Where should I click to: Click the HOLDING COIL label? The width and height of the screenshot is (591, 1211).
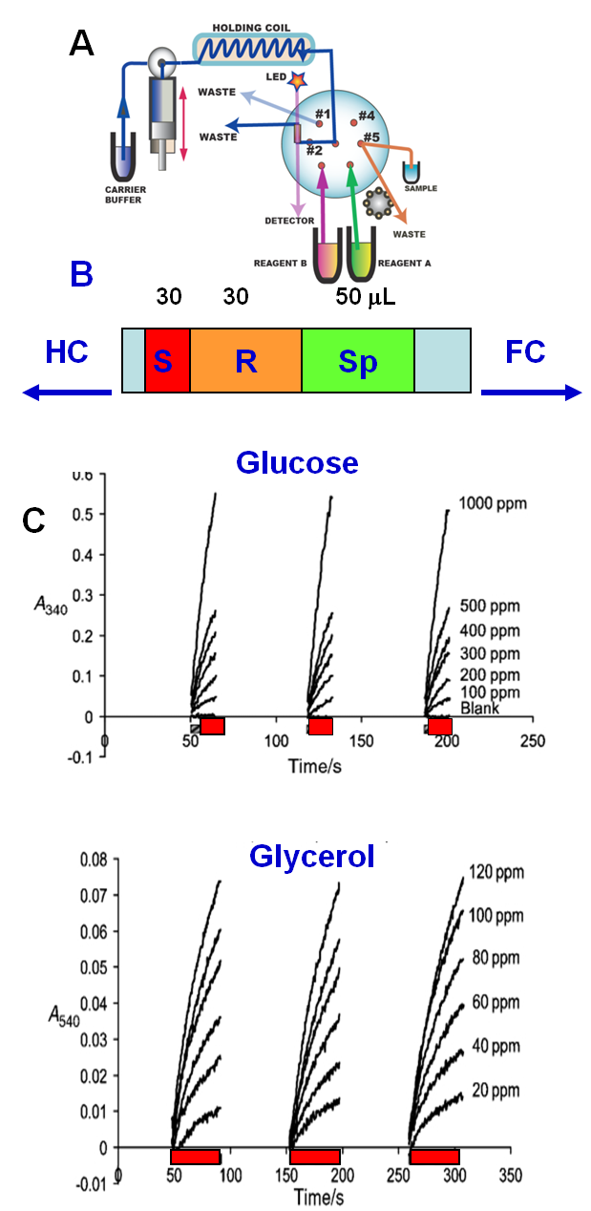[x=255, y=26]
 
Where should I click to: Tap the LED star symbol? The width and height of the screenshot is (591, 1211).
[x=298, y=82]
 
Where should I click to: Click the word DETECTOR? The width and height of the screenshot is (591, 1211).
[x=289, y=221]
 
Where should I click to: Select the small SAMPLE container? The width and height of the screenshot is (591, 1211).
[x=412, y=172]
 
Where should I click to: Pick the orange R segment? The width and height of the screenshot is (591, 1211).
[x=245, y=361]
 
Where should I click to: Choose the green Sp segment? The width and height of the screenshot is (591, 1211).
[x=358, y=361]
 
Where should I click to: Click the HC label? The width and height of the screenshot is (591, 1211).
[x=67, y=351]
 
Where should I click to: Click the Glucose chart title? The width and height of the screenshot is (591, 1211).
[x=297, y=462]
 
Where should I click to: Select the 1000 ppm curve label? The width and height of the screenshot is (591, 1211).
[x=491, y=503]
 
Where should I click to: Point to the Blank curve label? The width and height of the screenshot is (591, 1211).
[x=479, y=708]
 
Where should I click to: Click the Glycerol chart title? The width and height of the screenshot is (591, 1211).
[x=311, y=856]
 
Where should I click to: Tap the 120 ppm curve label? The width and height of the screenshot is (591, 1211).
[x=496, y=871]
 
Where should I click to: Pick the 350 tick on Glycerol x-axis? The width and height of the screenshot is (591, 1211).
[x=511, y=1172]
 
